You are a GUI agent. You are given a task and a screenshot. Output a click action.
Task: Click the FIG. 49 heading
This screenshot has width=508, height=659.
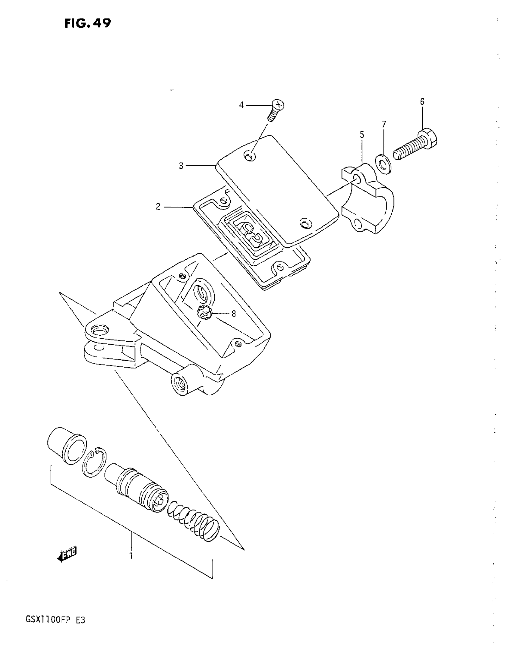click(x=88, y=23)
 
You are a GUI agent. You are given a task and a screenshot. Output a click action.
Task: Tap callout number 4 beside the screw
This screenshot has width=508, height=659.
click(x=241, y=105)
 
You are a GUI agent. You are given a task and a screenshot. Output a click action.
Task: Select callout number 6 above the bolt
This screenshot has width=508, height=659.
click(x=422, y=102)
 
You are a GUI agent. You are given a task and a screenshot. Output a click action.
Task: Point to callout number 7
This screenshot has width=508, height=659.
click(x=384, y=124)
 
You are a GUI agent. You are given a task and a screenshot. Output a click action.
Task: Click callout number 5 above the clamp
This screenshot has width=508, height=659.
click(x=362, y=134)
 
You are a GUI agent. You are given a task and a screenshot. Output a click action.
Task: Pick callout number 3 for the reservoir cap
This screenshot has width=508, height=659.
click(x=181, y=166)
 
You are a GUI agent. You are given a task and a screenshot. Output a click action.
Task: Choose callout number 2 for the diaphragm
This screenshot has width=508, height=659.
click(x=158, y=207)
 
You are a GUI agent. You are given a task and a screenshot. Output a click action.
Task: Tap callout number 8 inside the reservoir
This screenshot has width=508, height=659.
click(x=233, y=314)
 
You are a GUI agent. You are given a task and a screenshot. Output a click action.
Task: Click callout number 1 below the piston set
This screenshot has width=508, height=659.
click(x=131, y=555)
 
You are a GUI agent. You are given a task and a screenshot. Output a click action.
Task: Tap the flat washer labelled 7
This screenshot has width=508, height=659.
click(x=383, y=164)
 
